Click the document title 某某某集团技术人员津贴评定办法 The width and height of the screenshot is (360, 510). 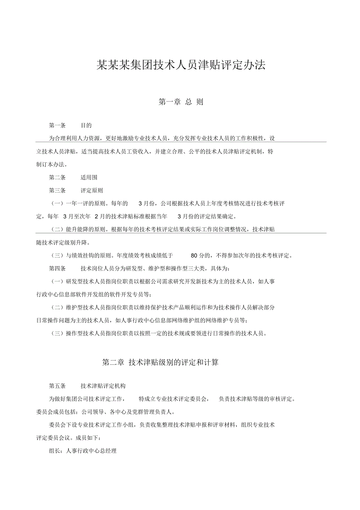click(181, 65)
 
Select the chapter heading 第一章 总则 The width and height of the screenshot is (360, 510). click(181, 102)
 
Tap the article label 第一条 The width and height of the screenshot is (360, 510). click(57, 126)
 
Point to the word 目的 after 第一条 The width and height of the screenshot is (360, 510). click(86, 126)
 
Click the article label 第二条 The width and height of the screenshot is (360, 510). click(57, 177)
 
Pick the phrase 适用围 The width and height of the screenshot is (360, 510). click(89, 177)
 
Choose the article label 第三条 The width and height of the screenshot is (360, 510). click(57, 191)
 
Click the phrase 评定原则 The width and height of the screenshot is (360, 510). click(92, 191)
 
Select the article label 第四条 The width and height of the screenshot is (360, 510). click(57, 269)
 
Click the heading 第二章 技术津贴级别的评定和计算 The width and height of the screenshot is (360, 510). click(160, 362)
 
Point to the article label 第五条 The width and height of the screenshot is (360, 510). click(57, 386)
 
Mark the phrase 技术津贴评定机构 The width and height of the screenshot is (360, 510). click(103, 386)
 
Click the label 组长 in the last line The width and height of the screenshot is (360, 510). click(54, 451)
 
